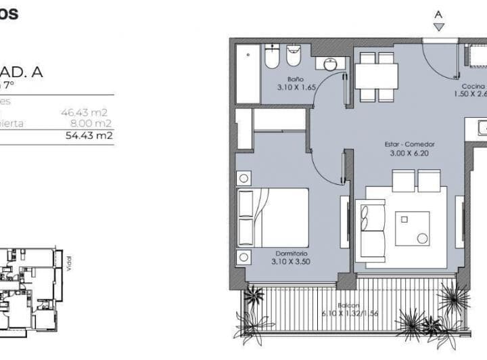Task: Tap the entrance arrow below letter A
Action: click(x=439, y=27)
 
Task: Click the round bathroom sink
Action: click(x=331, y=64)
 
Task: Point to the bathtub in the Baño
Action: click(x=248, y=73)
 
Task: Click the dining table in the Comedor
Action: click(x=377, y=76)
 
